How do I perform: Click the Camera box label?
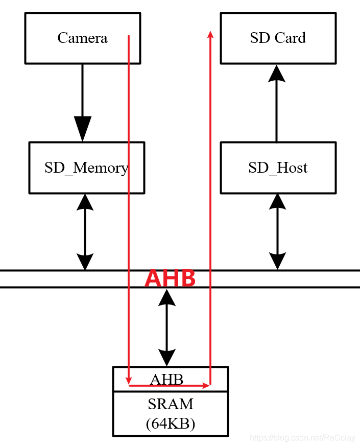coord(82,38)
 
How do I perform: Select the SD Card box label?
coord(278,38)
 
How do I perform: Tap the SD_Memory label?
coord(86,168)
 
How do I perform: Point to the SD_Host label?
coord(278,168)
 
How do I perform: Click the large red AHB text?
coord(170,279)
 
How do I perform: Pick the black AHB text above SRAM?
coord(166,379)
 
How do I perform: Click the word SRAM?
coord(171,404)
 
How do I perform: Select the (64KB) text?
coord(171,424)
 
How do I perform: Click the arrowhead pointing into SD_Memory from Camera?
coord(82,129)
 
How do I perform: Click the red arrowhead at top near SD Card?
coord(210,34)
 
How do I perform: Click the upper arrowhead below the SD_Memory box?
coord(85,203)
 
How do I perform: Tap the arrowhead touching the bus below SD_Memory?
coord(85,261)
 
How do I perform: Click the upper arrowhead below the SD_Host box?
coord(277,203)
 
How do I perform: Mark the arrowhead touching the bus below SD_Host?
coord(277,261)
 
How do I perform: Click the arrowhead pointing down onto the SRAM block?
coord(166,358)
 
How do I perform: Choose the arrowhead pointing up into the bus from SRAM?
coord(166,297)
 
